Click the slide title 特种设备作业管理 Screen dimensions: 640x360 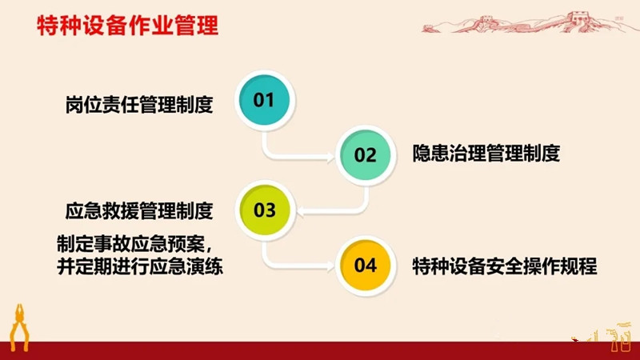click(128, 26)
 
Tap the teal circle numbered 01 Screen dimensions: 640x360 click(265, 100)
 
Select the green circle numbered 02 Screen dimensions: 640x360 click(366, 155)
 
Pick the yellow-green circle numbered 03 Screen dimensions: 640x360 click(265, 210)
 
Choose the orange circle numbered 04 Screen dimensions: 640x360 click(366, 266)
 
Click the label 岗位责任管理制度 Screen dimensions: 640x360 click(139, 105)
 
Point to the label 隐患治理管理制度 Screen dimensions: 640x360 click(486, 154)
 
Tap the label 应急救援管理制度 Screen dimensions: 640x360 click(139, 211)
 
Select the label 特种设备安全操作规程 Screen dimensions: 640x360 click(505, 266)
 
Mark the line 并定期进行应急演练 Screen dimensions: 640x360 click(140, 267)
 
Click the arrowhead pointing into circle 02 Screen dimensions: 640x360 click(330, 157)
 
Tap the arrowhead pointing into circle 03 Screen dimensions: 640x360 click(302, 212)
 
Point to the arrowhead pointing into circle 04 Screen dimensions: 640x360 click(330, 266)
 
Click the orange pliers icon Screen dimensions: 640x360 click(19, 327)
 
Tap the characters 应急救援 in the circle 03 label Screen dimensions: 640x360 click(102, 211)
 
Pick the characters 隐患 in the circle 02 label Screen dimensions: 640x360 click(430, 154)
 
